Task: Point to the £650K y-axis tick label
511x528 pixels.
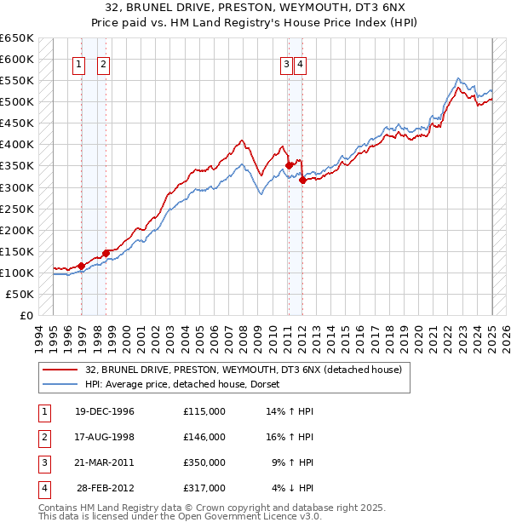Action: tap(17, 38)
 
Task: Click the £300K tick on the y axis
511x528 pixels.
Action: tap(17, 187)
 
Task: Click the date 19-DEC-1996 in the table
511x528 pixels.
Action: tap(105, 411)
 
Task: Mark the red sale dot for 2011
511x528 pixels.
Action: tap(289, 165)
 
